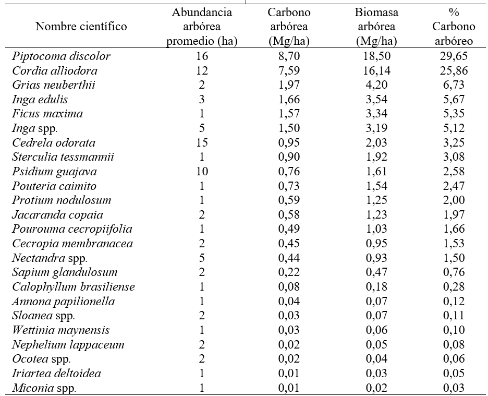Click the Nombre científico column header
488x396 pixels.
pyautogui.click(x=81, y=27)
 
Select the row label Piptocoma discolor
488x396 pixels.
pyautogui.click(x=61, y=56)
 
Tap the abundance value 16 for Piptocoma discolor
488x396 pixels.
pyautogui.click(x=202, y=56)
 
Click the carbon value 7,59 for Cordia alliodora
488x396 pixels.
pyautogui.click(x=289, y=70)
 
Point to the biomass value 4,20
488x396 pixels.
pyautogui.click(x=376, y=85)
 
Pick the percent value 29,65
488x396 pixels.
pyautogui.click(x=454, y=56)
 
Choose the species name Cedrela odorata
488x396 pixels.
pyautogui.click(x=54, y=143)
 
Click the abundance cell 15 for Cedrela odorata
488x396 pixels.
pyautogui.click(x=202, y=143)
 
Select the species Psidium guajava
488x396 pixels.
pyautogui.click(x=54, y=172)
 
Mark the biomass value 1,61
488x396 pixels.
pyautogui.click(x=376, y=171)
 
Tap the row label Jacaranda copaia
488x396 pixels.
pyautogui.click(x=57, y=215)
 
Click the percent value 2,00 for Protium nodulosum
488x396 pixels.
pyautogui.click(x=454, y=200)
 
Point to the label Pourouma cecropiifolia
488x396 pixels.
pyautogui.click(x=72, y=229)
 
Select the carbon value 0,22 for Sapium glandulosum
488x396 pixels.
pyautogui.click(x=289, y=272)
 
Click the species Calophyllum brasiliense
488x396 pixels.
pyautogui.click(x=74, y=287)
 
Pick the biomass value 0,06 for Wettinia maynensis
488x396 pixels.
pyautogui.click(x=376, y=330)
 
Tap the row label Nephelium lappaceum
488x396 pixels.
pyautogui.click(x=68, y=344)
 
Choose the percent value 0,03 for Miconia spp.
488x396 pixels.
pyautogui.click(x=454, y=388)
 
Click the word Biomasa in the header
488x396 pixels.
pyautogui.click(x=376, y=13)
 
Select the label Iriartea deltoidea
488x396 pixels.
pyautogui.click(x=57, y=373)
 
